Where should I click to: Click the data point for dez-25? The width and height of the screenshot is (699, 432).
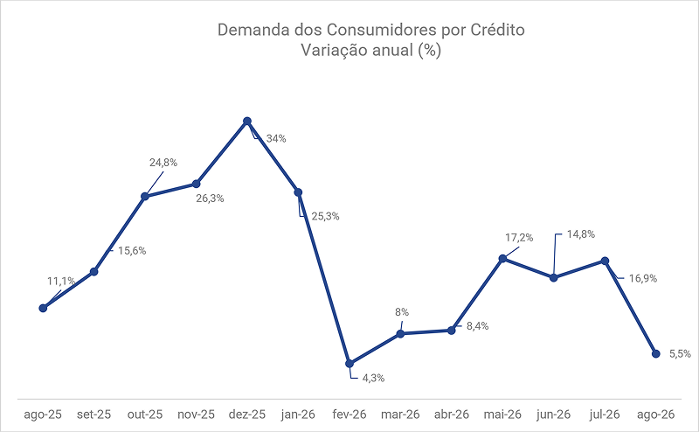pyautogui.click(x=247, y=121)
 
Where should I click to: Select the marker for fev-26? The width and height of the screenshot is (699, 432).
pyautogui.click(x=349, y=364)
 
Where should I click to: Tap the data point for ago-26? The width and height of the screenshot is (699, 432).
pyautogui.click(x=656, y=353)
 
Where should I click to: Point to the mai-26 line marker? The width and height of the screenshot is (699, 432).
pyautogui.click(x=502, y=258)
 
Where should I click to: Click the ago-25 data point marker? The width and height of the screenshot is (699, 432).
pyautogui.click(x=43, y=308)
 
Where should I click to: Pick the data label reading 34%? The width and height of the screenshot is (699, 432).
pyautogui.click(x=276, y=139)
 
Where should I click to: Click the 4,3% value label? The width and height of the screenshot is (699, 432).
pyautogui.click(x=373, y=378)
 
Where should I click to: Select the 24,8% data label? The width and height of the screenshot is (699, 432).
pyautogui.click(x=163, y=163)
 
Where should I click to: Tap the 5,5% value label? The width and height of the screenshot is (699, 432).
pyautogui.click(x=680, y=354)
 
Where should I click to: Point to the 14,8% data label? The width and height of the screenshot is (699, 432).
pyautogui.click(x=581, y=234)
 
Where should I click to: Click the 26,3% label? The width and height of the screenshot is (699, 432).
pyautogui.click(x=210, y=199)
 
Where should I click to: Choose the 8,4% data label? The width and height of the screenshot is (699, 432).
pyautogui.click(x=477, y=326)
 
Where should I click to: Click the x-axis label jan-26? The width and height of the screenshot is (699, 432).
pyautogui.click(x=298, y=415)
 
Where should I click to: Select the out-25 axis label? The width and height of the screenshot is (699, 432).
pyautogui.click(x=145, y=415)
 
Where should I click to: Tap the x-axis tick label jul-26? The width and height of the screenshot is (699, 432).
pyautogui.click(x=605, y=415)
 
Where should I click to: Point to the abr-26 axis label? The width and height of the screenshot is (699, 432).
pyautogui.click(x=452, y=415)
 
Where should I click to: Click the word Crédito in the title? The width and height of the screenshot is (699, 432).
pyautogui.click(x=497, y=30)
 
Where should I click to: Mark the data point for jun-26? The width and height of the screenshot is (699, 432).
pyautogui.click(x=554, y=277)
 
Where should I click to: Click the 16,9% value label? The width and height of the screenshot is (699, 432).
pyautogui.click(x=643, y=278)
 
